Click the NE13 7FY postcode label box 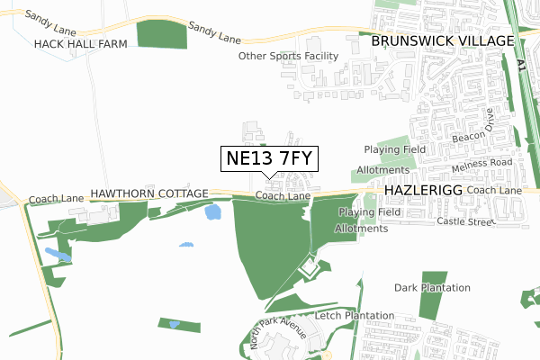269,159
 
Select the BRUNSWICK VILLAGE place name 442,41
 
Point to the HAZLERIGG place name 422,192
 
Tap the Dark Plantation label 432,288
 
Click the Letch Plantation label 355,316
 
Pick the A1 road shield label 522,64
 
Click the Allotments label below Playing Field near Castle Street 361,229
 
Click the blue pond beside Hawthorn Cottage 213,212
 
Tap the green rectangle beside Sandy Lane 161,33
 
